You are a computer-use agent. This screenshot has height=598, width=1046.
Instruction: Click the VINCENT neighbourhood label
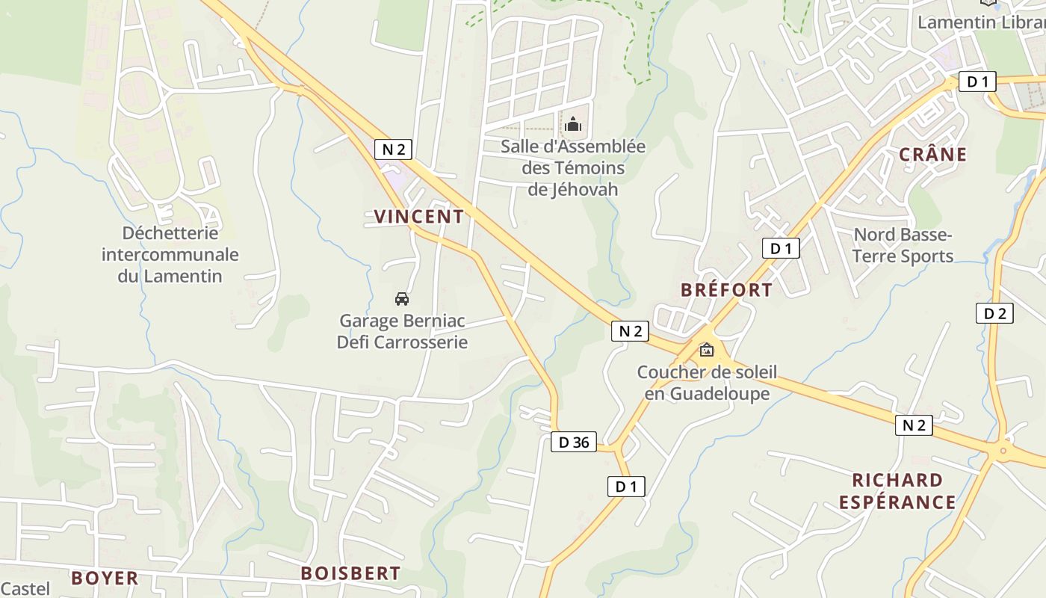pos(418,217)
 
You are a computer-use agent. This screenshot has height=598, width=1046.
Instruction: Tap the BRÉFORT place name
pos(726,290)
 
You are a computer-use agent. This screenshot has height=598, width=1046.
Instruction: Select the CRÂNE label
pos(932,155)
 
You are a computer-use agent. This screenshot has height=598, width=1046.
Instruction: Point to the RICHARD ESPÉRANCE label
pos(897,491)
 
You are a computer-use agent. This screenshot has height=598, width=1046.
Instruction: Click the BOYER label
pos(105,578)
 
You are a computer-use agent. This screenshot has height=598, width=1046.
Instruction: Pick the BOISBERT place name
pos(350,573)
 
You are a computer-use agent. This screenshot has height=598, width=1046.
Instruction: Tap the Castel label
pos(25,589)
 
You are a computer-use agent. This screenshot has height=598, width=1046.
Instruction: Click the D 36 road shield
pos(574,443)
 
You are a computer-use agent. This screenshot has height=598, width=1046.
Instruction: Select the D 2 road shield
pos(994,313)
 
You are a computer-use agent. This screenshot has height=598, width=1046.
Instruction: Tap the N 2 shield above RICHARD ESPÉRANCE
pos(914,425)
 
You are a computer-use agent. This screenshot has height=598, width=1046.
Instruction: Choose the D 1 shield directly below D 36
pos(625,487)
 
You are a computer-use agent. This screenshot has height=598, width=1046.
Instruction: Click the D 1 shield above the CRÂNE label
pos(977,81)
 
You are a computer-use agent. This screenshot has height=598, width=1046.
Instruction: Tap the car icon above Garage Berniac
pos(402,299)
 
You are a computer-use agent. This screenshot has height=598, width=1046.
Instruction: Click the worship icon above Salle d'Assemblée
pos(573,124)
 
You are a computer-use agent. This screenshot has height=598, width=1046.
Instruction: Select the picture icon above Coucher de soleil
pos(706,350)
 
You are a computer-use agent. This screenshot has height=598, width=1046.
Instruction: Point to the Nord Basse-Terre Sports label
pos(903,245)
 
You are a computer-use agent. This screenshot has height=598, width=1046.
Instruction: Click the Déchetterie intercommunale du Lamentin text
pos(170,254)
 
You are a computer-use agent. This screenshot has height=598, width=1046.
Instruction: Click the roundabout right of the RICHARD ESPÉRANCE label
pos(1001,451)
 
